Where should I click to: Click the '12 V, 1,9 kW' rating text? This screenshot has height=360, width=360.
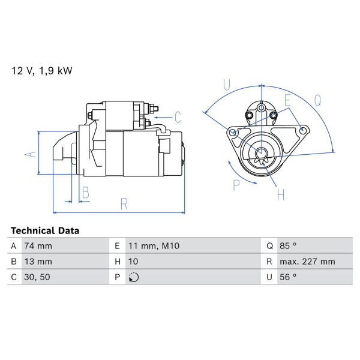click(42, 71)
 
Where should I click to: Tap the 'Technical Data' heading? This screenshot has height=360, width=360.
click(45, 231)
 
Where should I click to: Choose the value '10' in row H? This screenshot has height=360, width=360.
click(133, 262)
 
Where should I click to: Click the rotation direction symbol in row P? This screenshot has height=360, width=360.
click(134, 277)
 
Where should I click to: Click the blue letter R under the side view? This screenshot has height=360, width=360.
click(124, 204)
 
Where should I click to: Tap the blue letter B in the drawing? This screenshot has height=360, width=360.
click(86, 193)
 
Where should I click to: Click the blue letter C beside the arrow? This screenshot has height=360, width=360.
click(178, 118)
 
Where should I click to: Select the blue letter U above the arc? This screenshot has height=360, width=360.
click(227, 85)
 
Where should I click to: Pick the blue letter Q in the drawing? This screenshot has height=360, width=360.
click(318, 100)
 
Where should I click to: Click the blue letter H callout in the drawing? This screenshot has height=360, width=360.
click(281, 194)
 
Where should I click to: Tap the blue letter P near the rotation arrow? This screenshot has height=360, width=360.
click(236, 185)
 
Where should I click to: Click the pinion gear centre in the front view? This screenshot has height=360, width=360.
click(261, 152)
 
